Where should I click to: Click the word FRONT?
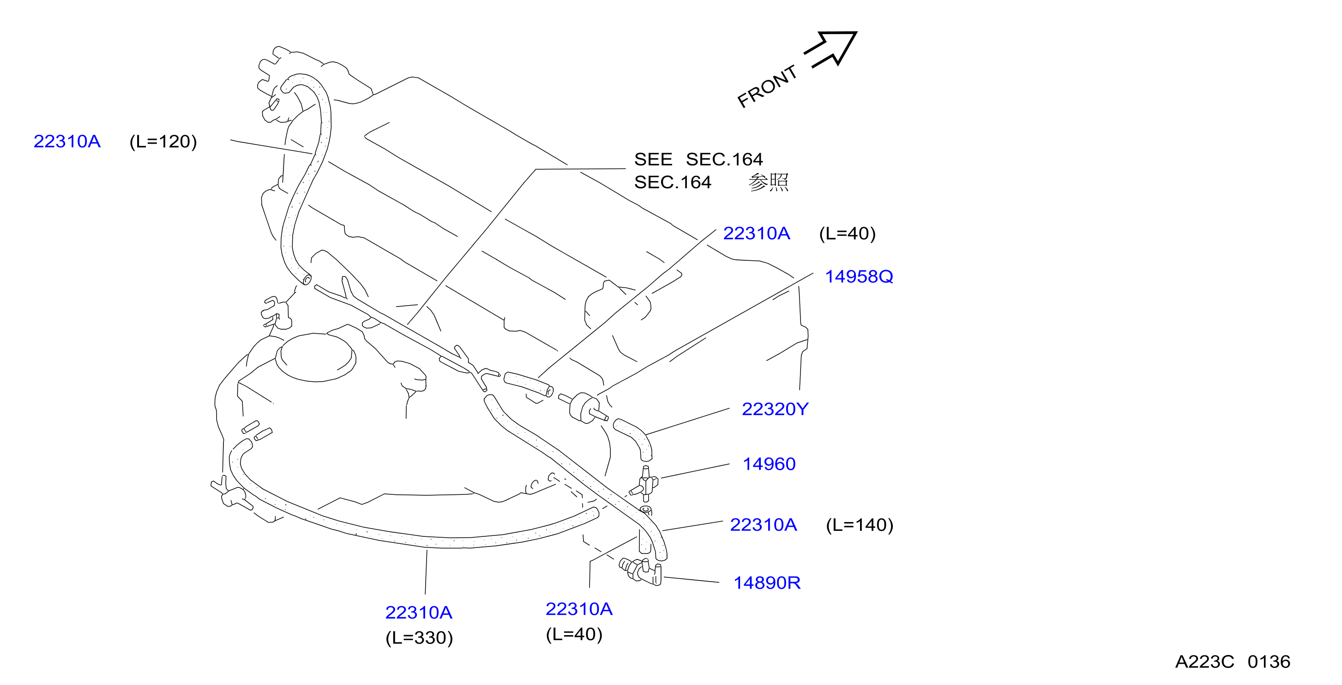coord(767,86)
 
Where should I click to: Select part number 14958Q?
coord(859,276)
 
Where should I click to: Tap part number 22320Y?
coord(775,409)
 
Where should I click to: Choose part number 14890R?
coord(767,583)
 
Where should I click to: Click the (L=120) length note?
coord(163,142)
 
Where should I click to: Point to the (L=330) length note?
coord(419,637)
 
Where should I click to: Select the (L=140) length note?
coord(860,525)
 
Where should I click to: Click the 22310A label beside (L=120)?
coord(67,142)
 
